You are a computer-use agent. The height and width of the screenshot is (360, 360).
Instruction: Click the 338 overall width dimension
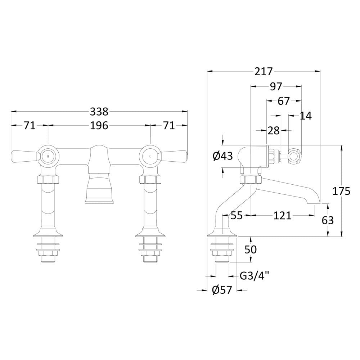coord(99,112)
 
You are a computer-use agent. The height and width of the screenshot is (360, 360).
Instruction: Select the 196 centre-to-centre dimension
coord(99,126)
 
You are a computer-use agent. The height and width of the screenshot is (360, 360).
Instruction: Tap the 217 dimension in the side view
coord(264,71)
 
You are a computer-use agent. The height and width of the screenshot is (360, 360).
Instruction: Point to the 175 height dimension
coord(341,191)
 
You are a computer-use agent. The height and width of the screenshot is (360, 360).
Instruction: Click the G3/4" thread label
coord(255,276)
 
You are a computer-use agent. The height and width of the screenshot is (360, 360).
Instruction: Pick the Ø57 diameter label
coord(222,290)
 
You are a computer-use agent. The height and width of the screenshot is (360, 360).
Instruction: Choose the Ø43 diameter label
coord(223,156)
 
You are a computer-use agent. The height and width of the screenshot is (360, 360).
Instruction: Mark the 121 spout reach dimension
coord(282,216)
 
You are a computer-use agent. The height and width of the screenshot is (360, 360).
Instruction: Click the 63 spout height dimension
coord(328,220)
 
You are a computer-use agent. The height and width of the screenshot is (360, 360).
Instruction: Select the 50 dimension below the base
coord(251,249)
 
